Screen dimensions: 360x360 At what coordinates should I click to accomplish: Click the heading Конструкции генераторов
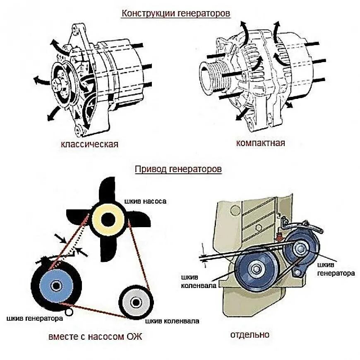pyautogui.click(x=175, y=13)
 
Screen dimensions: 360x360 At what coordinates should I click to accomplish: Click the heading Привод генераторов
pyautogui.click(x=178, y=169)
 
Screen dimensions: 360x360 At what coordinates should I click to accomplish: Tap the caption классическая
pyautogui.click(x=89, y=144)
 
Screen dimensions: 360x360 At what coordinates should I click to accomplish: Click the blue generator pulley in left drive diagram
pyautogui.click(x=56, y=285)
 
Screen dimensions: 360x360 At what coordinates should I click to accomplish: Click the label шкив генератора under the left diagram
pyautogui.click(x=35, y=318)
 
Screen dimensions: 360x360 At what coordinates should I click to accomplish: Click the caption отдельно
pyautogui.click(x=250, y=334)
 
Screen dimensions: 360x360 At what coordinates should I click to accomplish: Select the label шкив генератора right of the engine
pyautogui.click(x=336, y=269)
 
